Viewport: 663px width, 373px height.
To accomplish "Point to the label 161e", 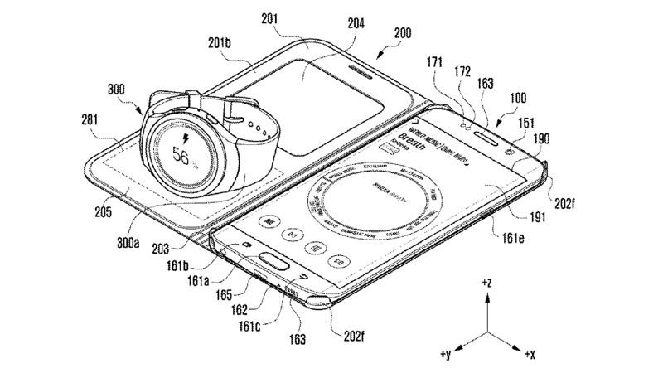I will [x=509, y=239].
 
